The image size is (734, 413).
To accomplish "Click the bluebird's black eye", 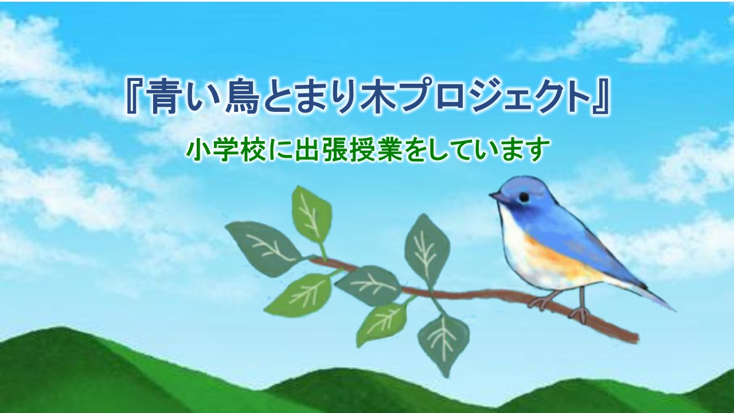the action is [524, 197].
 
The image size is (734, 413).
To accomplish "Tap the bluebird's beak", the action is [497, 197].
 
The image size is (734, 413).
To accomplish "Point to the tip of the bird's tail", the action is [674, 310].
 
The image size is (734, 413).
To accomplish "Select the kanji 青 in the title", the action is [161, 98].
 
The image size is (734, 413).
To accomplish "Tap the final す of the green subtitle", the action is [537, 151].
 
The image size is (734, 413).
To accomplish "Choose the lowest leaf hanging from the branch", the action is [443, 344].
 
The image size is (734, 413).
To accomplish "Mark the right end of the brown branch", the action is [638, 338].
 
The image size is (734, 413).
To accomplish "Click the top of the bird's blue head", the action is [521, 178].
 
